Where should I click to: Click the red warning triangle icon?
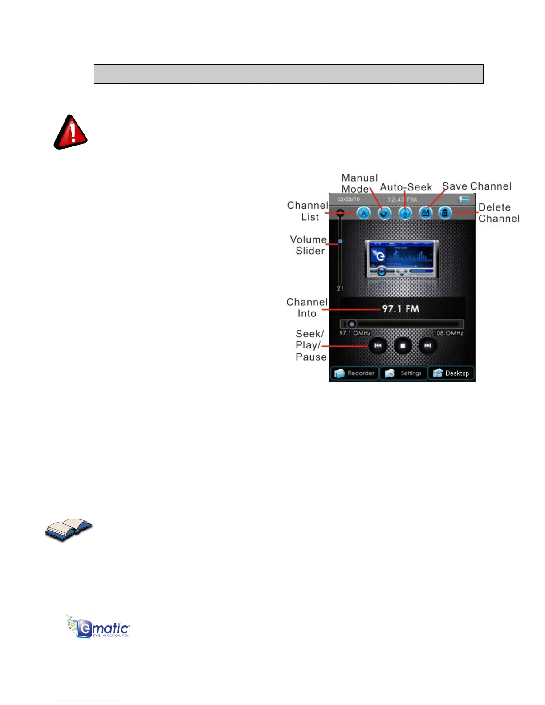point(70,132)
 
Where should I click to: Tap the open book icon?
point(69,529)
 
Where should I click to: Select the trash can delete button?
point(445,213)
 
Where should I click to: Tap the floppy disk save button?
point(425,213)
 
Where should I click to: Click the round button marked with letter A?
point(364,213)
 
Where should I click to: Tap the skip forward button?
point(427,345)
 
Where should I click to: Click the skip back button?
point(378,345)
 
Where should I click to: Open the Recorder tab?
point(354,373)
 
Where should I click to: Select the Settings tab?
point(403,373)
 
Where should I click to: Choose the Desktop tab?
point(451,373)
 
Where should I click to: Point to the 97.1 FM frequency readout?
point(401,309)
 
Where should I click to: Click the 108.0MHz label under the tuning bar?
point(448,333)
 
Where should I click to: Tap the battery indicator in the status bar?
point(464,199)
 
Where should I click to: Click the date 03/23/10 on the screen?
point(348,199)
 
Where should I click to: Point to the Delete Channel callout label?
point(499,213)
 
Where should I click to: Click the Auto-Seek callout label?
point(406,187)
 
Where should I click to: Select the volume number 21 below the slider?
point(340,288)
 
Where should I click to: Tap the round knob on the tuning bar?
point(352,324)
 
